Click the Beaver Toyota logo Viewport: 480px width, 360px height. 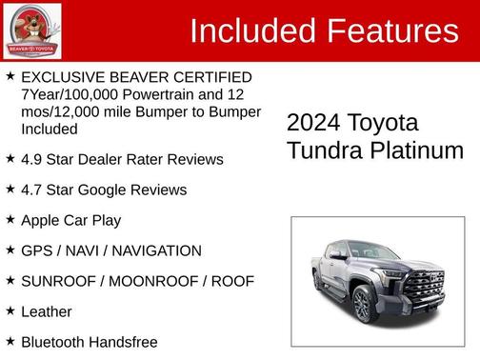pos(32,30)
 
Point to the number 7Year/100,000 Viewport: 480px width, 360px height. pos(68,94)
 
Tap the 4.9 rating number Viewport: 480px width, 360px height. pos(31,159)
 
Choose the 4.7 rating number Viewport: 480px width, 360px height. pos(31,190)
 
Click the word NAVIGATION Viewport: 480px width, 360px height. pos(154,250)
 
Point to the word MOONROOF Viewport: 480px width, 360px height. pos(151,281)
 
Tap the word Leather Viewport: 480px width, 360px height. pos(46,311)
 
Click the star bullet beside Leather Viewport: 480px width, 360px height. pos(10,310)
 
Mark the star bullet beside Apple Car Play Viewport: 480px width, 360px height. pos(10,219)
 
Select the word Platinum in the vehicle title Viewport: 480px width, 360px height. pos(420,150)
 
